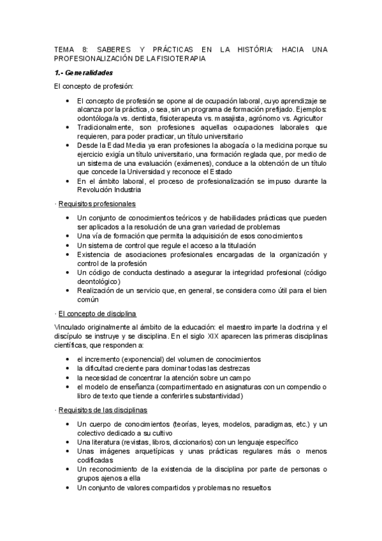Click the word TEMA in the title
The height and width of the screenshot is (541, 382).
64,48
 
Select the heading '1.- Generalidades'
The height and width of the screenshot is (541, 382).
84,73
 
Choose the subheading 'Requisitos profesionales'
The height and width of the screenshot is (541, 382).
96,204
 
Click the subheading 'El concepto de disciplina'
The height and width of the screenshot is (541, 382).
97,314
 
